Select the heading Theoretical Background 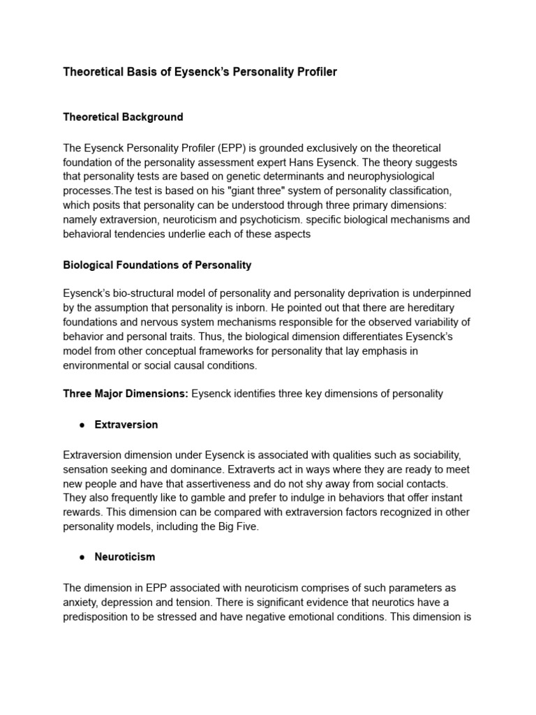[x=123, y=117]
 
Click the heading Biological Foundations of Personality [x=157, y=265]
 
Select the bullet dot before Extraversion [x=82, y=425]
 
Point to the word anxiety [x=81, y=602]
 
